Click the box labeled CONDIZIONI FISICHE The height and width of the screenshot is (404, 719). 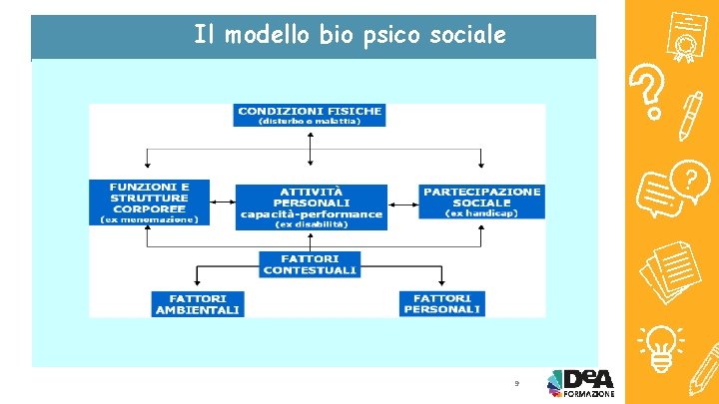[310, 115]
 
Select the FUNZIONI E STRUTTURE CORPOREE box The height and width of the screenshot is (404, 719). [150, 201]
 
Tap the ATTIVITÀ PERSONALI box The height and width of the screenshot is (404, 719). [311, 206]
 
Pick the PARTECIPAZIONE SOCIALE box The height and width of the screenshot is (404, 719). [481, 201]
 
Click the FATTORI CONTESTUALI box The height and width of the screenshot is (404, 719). [312, 264]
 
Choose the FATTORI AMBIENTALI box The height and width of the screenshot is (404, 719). [198, 304]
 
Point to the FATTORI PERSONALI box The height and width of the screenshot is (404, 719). [442, 304]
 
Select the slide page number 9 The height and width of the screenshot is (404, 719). [516, 383]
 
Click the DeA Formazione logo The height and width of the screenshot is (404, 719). [580, 383]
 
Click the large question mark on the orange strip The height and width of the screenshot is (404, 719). [649, 92]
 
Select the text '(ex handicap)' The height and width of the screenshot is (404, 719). [481, 212]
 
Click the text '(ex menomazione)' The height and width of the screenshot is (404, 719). [150, 218]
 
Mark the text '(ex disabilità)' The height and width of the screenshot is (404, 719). [311, 224]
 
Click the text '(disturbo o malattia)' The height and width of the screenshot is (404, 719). [310, 122]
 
